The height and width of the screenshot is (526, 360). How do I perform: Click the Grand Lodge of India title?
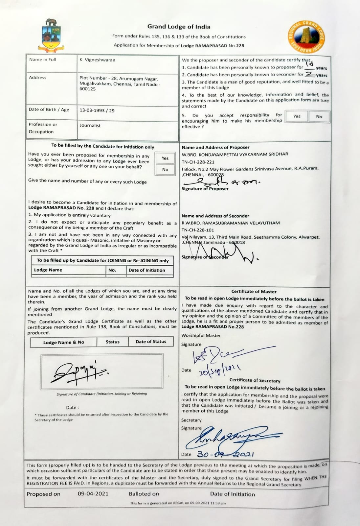click(179, 27)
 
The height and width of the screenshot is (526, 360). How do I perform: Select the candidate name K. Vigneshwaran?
click(97, 60)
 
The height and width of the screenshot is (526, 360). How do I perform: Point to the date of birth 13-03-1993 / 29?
click(97, 110)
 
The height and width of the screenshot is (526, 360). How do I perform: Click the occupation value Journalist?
click(90, 125)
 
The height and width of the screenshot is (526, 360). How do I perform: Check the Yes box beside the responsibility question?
click(297, 116)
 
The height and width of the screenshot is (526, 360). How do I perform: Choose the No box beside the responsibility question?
click(319, 116)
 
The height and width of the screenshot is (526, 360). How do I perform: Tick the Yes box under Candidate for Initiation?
click(165, 158)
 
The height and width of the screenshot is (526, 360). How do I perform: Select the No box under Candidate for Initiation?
click(165, 170)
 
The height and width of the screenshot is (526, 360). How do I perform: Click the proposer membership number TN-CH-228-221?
click(198, 161)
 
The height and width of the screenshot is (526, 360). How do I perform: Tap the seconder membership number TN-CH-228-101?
click(198, 230)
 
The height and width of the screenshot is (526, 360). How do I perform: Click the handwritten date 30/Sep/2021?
click(220, 370)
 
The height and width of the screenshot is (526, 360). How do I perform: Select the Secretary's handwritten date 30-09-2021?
click(225, 454)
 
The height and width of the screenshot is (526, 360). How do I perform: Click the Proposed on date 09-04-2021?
click(93, 494)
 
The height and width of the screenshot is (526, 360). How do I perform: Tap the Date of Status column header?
click(151, 342)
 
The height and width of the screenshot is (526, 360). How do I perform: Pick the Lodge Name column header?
click(48, 270)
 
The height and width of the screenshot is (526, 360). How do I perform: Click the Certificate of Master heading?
click(254, 291)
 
